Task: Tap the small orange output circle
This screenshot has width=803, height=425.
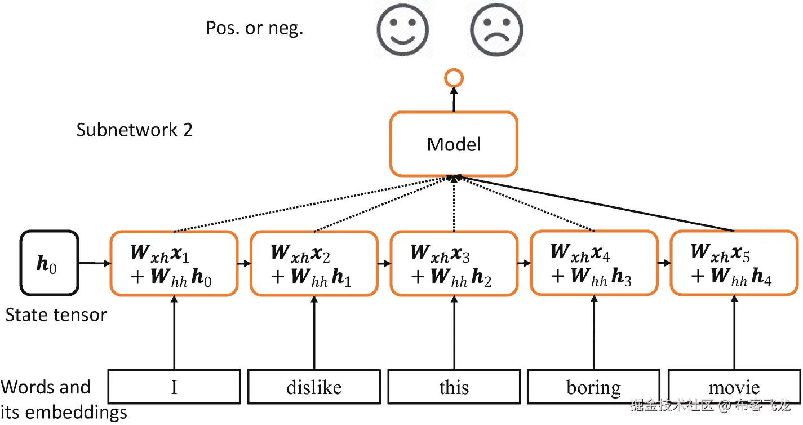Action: [x=454, y=78]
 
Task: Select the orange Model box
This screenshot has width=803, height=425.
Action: [x=454, y=144]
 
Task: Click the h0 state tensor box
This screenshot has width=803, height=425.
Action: [x=49, y=263]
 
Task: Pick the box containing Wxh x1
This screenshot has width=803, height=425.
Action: [x=174, y=263]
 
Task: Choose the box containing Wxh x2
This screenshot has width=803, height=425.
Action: [x=314, y=263]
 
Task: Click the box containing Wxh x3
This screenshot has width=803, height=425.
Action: [x=454, y=263]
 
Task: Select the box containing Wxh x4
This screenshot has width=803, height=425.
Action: [x=594, y=263]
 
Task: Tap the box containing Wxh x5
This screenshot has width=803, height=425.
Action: [x=734, y=263]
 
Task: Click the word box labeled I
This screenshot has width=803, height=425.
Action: [x=174, y=387]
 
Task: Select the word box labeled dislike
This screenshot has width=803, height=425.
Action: [x=314, y=387]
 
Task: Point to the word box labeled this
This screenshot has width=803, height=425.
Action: [x=454, y=387]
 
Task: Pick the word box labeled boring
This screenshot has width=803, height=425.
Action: [x=594, y=387]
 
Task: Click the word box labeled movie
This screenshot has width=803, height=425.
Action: [x=734, y=387]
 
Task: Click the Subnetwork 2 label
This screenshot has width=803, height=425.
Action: [x=134, y=130]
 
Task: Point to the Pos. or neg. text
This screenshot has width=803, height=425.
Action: [x=255, y=28]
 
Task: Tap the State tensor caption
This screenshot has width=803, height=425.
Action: [x=56, y=315]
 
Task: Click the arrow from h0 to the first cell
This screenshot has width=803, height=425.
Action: [x=94, y=263]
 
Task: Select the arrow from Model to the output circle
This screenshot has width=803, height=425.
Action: [x=454, y=99]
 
